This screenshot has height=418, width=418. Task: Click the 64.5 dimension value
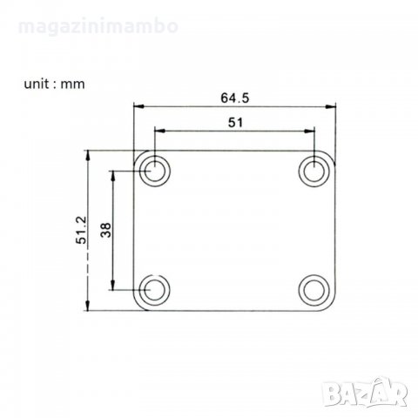coord(235,98)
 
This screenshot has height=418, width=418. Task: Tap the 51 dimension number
coord(235,123)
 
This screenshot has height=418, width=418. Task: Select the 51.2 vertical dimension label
coord(81,230)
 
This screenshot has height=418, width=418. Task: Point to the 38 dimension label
coord(106,230)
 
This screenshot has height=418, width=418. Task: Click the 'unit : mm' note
coord(55,84)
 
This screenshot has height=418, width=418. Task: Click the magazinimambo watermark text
coord(98,26)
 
